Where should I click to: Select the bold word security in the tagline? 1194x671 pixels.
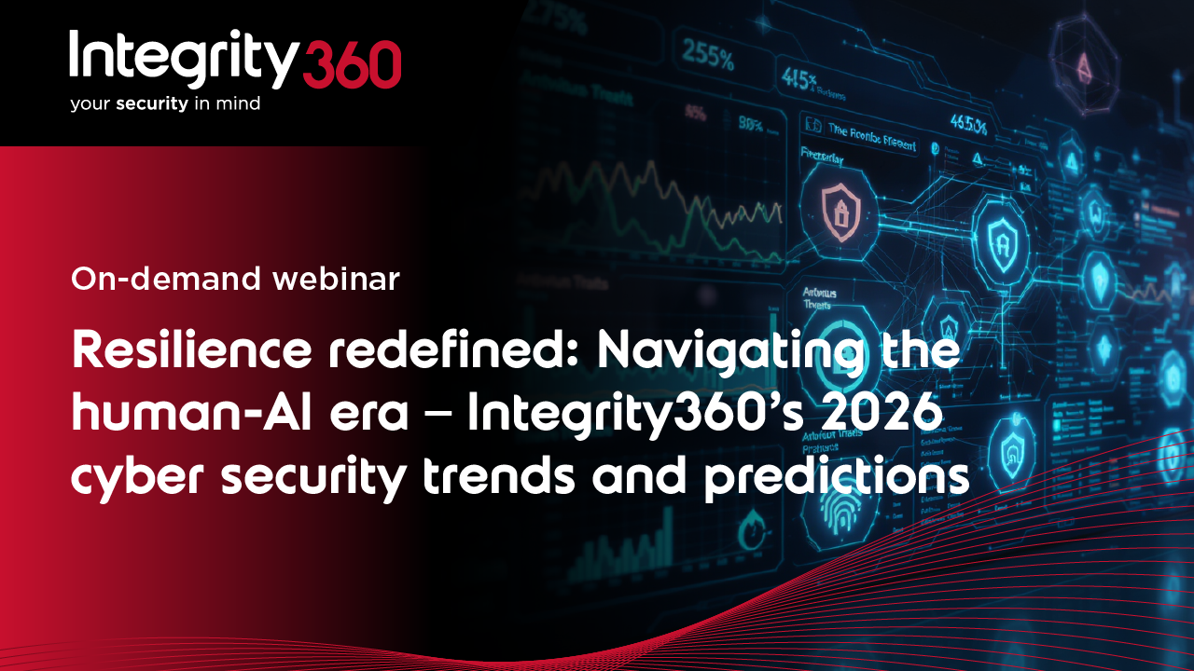pyautogui.click(x=153, y=104)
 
